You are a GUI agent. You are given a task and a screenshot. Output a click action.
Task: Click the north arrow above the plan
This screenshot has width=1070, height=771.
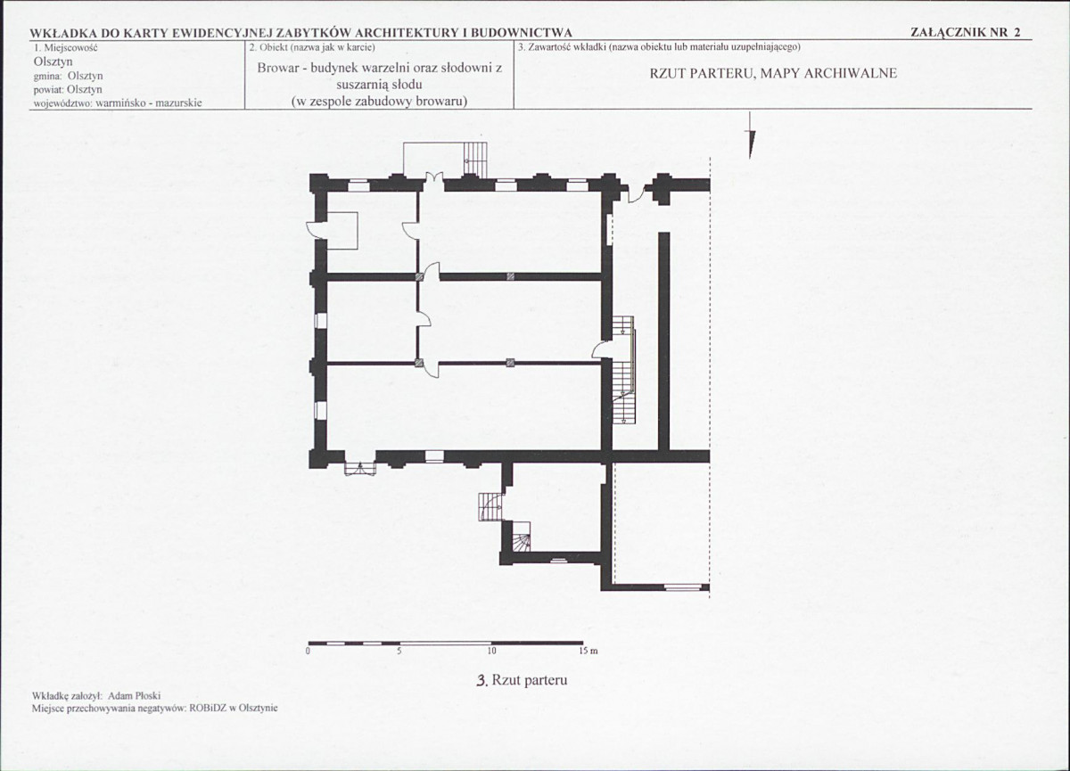[x=751, y=135]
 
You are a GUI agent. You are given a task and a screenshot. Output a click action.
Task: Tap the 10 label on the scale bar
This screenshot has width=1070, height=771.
[x=491, y=651]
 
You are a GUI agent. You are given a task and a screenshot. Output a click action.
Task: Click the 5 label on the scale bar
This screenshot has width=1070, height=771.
[x=399, y=651]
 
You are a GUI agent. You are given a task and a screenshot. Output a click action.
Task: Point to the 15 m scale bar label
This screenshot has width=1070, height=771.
[x=588, y=651]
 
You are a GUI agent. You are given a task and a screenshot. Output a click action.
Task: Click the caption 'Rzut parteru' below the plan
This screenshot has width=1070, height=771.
[x=530, y=680]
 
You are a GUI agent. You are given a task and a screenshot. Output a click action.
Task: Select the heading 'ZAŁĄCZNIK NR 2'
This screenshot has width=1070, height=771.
[x=966, y=32]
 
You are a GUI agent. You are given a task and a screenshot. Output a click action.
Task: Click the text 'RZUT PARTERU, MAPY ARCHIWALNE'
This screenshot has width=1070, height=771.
[x=773, y=73]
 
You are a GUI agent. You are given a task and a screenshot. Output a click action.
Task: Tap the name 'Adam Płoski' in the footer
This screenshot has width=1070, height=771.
[x=135, y=695]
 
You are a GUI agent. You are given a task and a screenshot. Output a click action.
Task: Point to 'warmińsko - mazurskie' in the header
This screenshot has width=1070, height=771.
[x=149, y=103]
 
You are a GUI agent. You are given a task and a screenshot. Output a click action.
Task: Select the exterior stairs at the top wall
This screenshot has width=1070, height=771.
[x=476, y=159]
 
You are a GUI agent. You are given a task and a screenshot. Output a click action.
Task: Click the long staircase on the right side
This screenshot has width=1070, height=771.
[x=623, y=370]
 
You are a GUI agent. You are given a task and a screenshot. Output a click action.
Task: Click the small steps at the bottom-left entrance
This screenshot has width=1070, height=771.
[x=360, y=468]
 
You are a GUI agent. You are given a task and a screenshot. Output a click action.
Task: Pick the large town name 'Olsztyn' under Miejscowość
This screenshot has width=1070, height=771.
[x=53, y=62]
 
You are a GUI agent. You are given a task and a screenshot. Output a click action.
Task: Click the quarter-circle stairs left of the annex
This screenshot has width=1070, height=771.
[x=490, y=507]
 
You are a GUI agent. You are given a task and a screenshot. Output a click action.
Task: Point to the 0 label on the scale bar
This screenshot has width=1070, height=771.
[x=309, y=651]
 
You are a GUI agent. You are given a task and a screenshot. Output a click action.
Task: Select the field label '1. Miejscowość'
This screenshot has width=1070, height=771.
[x=66, y=48]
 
